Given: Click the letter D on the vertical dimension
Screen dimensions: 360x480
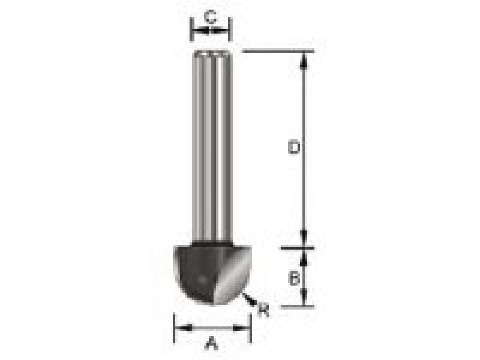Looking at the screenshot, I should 293,147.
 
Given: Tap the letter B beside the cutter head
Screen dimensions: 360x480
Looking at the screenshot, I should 293,278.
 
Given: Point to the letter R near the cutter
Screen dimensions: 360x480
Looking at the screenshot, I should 262,310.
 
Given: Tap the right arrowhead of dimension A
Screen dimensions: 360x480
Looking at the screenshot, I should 245,328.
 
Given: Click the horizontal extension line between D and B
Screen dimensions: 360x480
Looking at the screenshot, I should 297,247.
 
